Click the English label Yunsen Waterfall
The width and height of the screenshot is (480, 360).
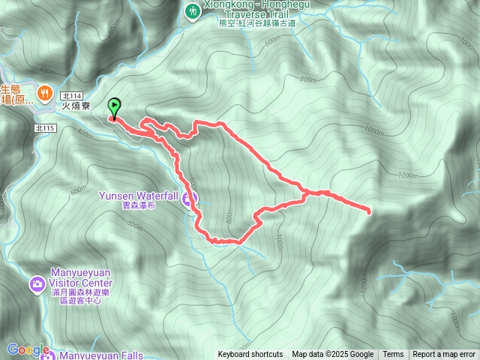pos(139,196)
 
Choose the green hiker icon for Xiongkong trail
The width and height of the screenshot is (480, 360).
pos(193,10)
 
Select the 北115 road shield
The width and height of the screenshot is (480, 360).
pos(45,128)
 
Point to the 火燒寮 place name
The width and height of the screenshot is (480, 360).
pos(76,106)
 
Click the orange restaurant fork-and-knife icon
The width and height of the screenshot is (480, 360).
pos(46,92)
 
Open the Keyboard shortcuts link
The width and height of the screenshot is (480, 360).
pos(250,355)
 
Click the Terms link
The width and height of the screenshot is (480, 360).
pos(393,355)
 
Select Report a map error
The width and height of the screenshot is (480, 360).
pos(444,355)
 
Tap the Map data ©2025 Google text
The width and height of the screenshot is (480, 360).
pos(332,355)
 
